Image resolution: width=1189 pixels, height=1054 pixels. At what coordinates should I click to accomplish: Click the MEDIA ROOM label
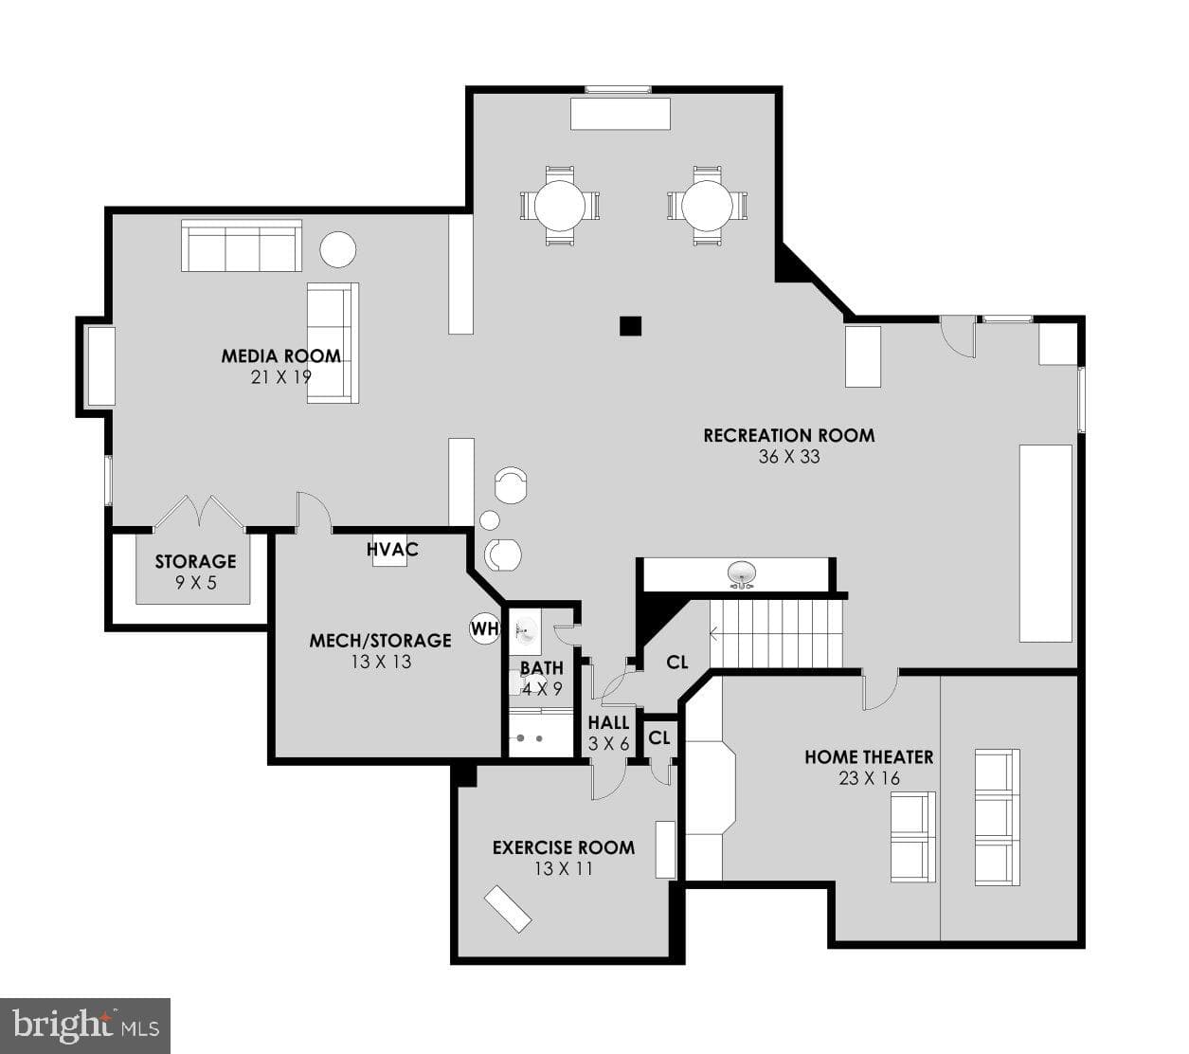tap(280, 356)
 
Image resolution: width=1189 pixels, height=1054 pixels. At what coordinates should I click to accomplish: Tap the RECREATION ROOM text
tap(789, 436)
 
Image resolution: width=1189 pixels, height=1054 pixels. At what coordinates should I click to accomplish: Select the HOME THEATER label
tap(869, 757)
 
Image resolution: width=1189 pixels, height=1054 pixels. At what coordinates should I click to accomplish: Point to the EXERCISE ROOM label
tap(564, 847)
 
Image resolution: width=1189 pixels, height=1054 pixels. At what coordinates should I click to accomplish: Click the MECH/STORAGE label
tap(380, 640)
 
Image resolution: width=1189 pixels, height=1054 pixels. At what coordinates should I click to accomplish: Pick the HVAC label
tap(392, 550)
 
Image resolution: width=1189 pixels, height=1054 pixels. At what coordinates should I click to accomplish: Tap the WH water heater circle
tap(485, 628)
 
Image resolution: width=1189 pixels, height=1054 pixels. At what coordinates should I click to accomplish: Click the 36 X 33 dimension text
tap(789, 456)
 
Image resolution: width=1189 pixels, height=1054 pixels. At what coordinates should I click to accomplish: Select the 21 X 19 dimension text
tap(280, 377)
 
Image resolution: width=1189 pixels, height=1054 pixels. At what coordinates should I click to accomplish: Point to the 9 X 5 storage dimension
tap(195, 583)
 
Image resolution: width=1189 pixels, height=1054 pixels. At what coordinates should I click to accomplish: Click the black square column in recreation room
tap(630, 326)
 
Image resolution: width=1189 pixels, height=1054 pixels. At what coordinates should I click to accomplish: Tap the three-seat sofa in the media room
tap(242, 245)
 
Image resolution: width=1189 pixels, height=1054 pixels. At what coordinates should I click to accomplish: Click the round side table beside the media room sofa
tap(337, 249)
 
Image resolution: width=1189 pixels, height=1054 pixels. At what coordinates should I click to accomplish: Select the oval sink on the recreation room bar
tap(741, 573)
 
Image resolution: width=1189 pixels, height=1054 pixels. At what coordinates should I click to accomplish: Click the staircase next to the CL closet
tap(776, 633)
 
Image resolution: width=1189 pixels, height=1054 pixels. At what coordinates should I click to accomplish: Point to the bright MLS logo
tap(85, 1026)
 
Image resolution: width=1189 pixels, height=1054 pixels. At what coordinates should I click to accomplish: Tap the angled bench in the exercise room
tap(508, 909)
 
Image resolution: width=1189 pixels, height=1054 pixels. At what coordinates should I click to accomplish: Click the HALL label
tap(608, 722)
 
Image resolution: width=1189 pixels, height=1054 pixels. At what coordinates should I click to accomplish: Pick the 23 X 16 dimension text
tap(869, 778)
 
